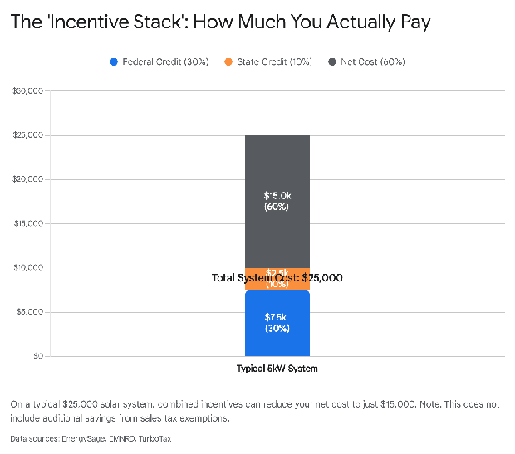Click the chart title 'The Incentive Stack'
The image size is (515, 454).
pyautogui.click(x=220, y=22)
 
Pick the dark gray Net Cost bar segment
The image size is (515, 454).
pyautogui.click(x=277, y=166)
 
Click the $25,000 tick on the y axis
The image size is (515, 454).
pyautogui.click(x=28, y=135)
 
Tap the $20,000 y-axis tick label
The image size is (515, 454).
pyautogui.click(x=28, y=179)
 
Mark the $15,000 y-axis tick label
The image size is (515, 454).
pyautogui.click(x=28, y=224)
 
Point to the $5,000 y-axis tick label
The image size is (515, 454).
pyautogui.click(x=30, y=312)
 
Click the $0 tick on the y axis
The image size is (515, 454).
pyautogui.click(x=37, y=356)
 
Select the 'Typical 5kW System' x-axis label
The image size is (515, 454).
pyautogui.click(x=277, y=369)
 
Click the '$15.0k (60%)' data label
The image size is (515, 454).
pyautogui.click(x=277, y=201)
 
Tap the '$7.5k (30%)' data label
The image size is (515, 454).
pyautogui.click(x=277, y=323)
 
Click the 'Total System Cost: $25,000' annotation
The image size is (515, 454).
pyautogui.click(x=277, y=278)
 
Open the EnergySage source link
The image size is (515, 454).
pyautogui.click(x=82, y=438)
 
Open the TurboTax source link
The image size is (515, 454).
pyautogui.click(x=154, y=438)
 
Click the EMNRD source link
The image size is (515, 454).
pyautogui.click(x=121, y=438)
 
